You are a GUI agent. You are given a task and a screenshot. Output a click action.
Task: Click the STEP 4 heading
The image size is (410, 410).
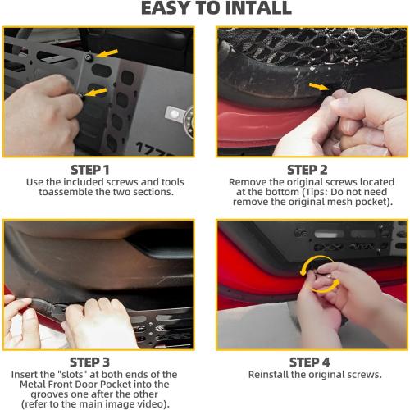[x=308, y=362]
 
